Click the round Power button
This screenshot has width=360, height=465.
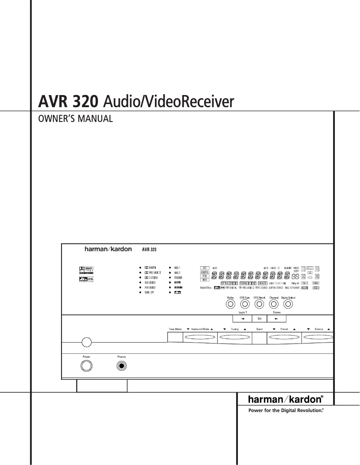pyautogui.click(x=86, y=366)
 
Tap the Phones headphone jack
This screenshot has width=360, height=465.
pyautogui.click(x=122, y=366)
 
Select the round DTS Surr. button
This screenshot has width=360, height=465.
pyautogui.click(x=245, y=304)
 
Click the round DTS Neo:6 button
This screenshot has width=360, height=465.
pyautogui.click(x=259, y=304)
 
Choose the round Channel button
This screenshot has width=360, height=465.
pyautogui.click(x=274, y=304)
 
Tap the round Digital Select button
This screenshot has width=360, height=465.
pyautogui.click(x=288, y=304)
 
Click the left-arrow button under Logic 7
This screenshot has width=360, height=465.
pyautogui.click(x=242, y=319)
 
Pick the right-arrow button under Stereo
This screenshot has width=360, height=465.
pyautogui.click(x=277, y=319)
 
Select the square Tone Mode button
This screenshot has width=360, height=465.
pyautogui.click(x=175, y=337)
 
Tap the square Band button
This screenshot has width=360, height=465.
pyautogui.click(x=259, y=337)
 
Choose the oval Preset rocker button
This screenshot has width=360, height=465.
pyautogui.click(x=284, y=337)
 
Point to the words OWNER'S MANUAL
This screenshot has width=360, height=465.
pyautogui.click(x=75, y=119)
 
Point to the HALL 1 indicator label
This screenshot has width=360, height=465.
pyautogui.click(x=177, y=267)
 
